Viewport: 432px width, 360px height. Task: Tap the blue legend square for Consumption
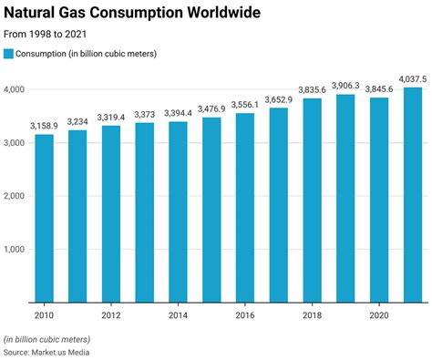tap(9, 55)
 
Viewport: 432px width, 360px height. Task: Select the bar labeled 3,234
tap(77, 215)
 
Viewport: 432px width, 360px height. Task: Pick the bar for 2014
tap(178, 211)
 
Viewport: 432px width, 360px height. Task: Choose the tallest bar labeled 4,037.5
tap(413, 194)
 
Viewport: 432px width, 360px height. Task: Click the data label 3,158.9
tap(44, 124)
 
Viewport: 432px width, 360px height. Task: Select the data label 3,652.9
tap(279, 98)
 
